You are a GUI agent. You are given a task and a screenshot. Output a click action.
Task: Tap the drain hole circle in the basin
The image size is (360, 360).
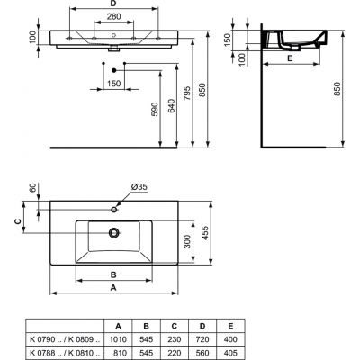(113, 232)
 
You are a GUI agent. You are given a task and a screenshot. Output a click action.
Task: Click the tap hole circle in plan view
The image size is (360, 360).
(113, 208)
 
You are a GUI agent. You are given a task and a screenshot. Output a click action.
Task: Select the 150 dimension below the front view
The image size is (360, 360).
(113, 84)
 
